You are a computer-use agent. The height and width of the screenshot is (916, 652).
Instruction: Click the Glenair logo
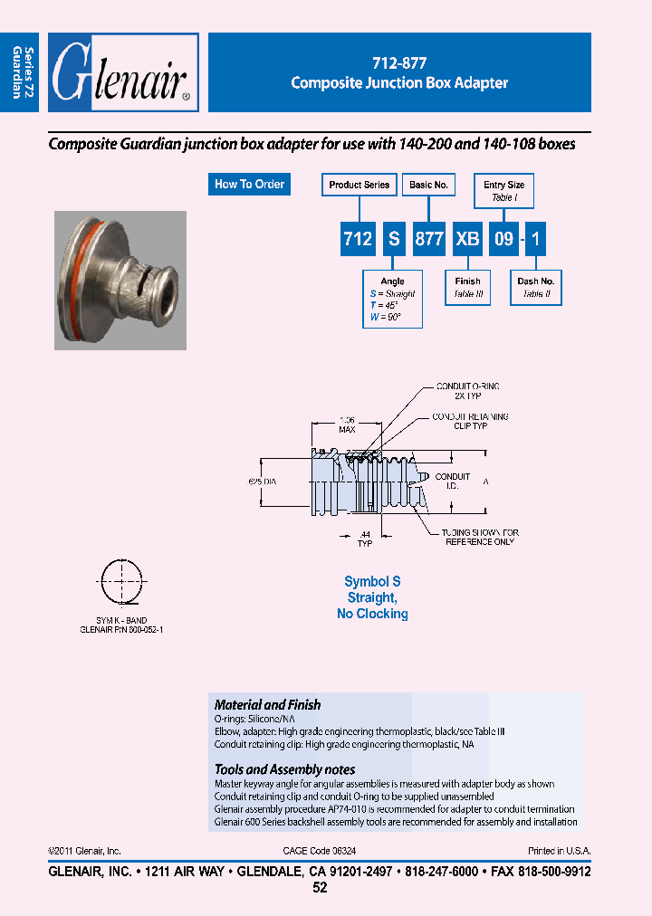[122, 73]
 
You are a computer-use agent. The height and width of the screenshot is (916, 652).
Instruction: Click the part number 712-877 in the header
[399, 64]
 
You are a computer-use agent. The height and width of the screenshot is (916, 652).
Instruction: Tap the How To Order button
[249, 185]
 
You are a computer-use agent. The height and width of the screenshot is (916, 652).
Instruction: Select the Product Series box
[360, 185]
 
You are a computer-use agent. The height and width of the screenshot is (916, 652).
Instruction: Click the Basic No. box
[428, 185]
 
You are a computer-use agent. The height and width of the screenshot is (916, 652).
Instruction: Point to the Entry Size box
[504, 190]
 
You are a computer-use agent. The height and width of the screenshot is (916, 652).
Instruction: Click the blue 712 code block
[359, 239]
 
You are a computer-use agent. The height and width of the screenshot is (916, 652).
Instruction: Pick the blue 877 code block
[428, 239]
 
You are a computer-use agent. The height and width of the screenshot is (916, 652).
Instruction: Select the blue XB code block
[467, 239]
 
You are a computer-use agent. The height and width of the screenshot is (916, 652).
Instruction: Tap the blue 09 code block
[503, 239]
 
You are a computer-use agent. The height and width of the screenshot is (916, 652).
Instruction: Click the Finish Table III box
[468, 288]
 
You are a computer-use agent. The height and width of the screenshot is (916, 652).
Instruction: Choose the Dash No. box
[536, 288]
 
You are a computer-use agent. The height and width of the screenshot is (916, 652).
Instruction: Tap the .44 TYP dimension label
[364, 539]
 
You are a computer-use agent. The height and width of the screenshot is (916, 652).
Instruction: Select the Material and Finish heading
[267, 704]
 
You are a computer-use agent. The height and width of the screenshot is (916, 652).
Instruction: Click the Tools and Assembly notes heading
[284, 769]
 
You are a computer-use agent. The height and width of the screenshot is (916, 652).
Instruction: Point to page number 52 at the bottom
[320, 888]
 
